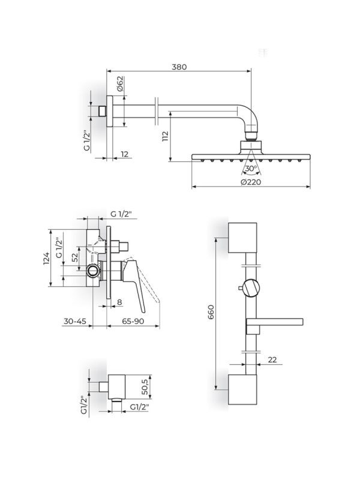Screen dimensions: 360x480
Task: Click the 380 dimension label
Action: pos(179,67)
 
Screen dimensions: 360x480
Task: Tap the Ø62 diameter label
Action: pos(119,83)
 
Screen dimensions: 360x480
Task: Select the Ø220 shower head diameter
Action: pos(251,182)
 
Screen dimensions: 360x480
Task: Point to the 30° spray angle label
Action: pos(251,168)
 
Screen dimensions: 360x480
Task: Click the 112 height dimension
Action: pos(166,136)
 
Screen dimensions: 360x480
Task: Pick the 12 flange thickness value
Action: pos(125,154)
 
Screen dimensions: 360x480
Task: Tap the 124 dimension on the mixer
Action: pos(46,259)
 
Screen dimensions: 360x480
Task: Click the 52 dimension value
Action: pos(74,258)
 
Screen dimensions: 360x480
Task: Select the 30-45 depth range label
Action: pos(74,322)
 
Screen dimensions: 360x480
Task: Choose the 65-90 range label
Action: pos(133,322)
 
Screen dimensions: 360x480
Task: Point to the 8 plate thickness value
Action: pos(119,302)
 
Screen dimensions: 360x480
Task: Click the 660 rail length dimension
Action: pos(211,312)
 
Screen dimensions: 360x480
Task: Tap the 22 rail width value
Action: pos(272,359)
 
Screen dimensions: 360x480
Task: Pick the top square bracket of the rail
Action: pos(242,238)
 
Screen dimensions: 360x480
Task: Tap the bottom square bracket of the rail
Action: pos(242,389)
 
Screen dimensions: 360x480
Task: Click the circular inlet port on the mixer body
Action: pos(92,271)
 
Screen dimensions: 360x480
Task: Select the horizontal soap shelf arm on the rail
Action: pos(275,322)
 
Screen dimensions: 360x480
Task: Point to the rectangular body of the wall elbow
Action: pos(117,386)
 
